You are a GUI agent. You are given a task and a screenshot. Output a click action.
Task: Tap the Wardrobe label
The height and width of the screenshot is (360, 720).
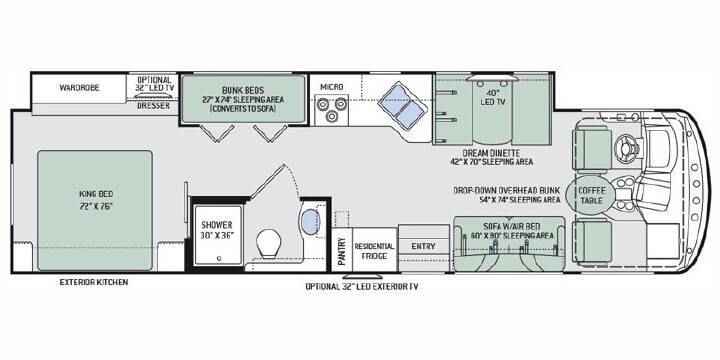[79, 87]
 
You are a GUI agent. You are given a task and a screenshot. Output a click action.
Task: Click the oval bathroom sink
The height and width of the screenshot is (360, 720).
[311, 222]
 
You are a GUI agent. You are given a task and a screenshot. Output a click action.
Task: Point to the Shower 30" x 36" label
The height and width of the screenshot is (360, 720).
[218, 230]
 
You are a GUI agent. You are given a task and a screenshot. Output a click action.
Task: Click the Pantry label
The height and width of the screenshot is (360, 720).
[341, 251]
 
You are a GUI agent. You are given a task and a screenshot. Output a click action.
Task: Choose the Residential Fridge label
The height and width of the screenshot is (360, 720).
[374, 251]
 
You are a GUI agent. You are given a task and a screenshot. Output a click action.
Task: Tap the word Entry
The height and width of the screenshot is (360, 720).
[423, 247]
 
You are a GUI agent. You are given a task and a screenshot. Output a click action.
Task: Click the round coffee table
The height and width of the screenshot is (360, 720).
[591, 195]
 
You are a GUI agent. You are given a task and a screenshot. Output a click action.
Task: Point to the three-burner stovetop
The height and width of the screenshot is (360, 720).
[332, 110]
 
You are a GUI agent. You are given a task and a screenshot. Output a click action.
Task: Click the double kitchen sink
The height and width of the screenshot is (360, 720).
[403, 105]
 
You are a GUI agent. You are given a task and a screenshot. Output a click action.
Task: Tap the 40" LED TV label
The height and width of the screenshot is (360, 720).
[493, 98]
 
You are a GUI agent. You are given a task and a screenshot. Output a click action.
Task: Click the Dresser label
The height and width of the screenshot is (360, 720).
[153, 106]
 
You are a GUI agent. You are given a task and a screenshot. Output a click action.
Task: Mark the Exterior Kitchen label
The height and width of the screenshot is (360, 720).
[94, 282]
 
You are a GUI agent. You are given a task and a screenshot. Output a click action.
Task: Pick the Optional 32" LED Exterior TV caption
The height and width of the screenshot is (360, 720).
[362, 287]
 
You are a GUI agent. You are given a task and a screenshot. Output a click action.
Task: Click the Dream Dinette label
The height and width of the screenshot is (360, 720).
[491, 153]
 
